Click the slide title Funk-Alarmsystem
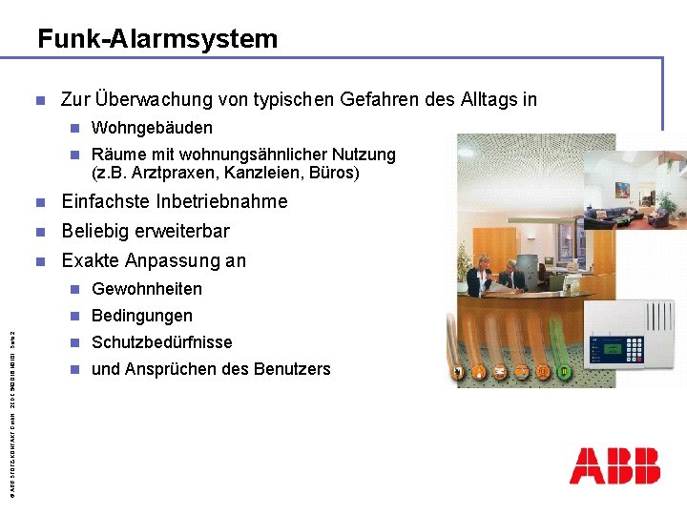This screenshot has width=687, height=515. tap(157, 39)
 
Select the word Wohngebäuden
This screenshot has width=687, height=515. tap(152, 128)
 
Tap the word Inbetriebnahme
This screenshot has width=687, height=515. tap(221, 202)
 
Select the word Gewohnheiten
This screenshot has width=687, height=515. tap(147, 289)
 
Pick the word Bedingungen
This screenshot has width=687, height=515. tap(142, 316)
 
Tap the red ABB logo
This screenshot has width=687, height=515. tap(614, 465)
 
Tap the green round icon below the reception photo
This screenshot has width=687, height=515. tap(566, 371)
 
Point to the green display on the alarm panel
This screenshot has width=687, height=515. tap(611, 347)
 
